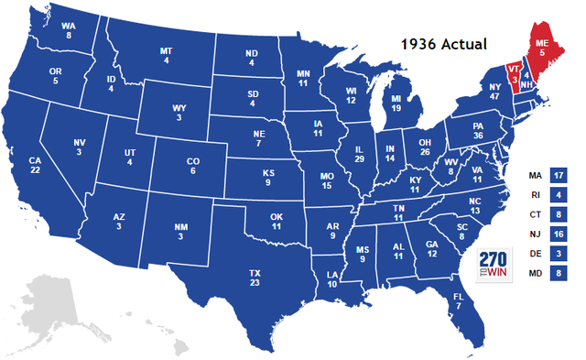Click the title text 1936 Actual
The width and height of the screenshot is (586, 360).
pos(448,43)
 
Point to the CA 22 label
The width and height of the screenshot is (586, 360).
pos(35,166)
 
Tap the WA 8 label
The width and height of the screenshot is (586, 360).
pos(68,31)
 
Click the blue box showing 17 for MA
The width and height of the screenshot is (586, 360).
pos(559,174)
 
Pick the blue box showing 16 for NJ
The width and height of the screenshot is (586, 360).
pos(559,234)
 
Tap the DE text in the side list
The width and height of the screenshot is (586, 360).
pos(534,253)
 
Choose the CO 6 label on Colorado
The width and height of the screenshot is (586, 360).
pos(192,166)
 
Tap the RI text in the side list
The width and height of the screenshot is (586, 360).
pos(534,194)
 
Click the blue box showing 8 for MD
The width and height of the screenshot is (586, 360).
pos(559,273)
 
